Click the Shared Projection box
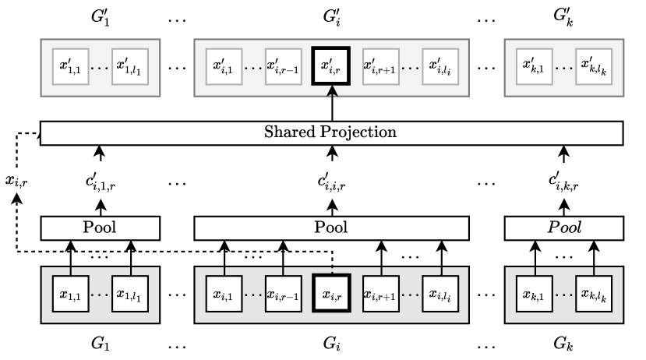point(332,132)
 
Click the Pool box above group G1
point(100,228)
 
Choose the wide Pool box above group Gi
point(331,228)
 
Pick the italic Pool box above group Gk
point(564,228)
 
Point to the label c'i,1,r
point(100,184)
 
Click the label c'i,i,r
point(332,184)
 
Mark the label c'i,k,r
point(564,184)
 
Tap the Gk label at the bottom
point(564,342)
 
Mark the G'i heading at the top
point(332,17)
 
